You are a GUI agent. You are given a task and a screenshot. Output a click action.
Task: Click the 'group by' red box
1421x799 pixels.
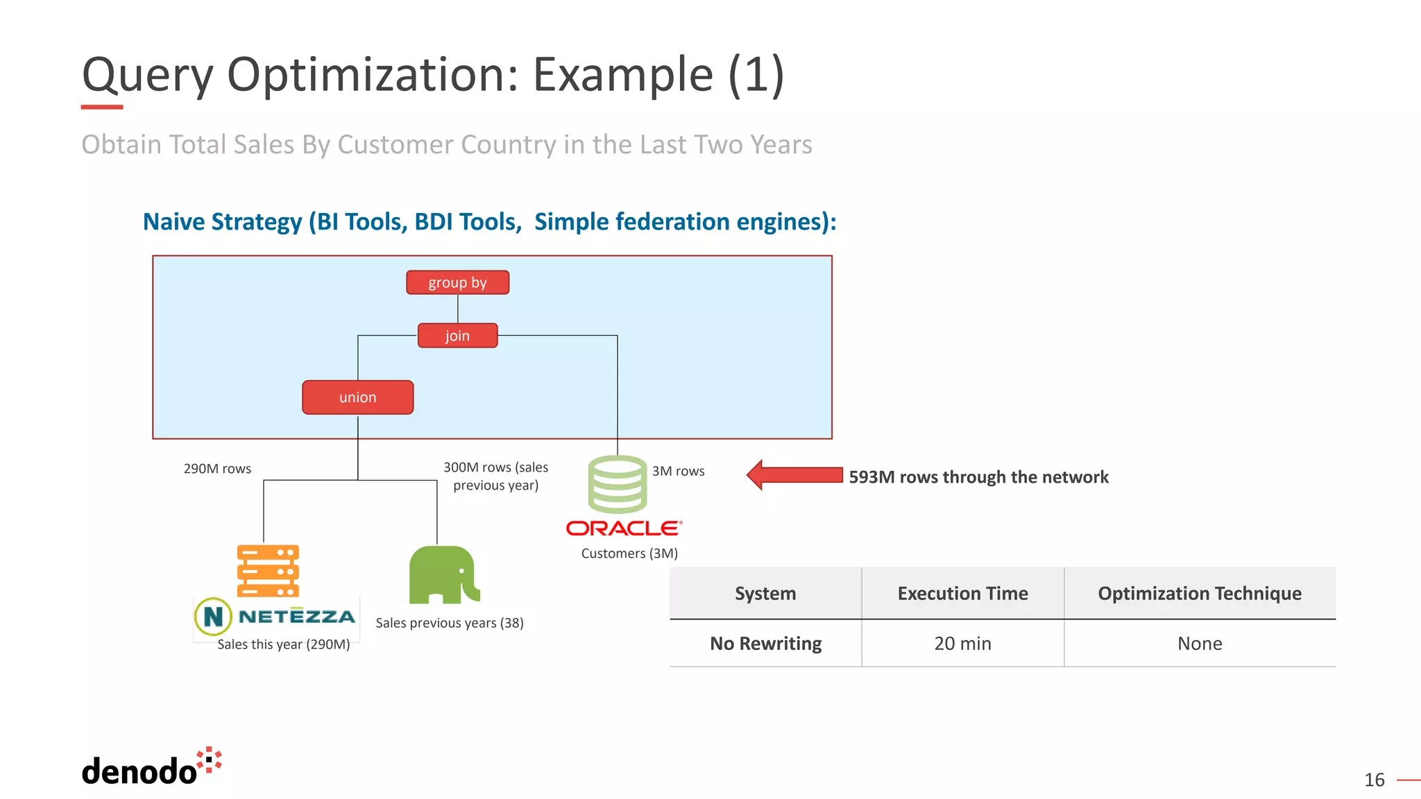coord(457,282)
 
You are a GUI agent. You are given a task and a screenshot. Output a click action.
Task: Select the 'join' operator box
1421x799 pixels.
coord(457,336)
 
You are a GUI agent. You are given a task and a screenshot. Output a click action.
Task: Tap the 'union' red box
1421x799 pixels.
coord(357,397)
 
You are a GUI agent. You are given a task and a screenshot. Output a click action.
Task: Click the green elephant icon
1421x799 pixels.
coord(443,574)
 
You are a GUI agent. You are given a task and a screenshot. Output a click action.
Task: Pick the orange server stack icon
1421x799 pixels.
coord(268,571)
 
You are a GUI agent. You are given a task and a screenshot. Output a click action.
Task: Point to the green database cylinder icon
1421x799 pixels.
coord(617,483)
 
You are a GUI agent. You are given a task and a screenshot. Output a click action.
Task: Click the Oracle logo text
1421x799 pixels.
coord(624,529)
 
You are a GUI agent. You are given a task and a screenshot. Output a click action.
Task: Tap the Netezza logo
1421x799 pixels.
coord(276,616)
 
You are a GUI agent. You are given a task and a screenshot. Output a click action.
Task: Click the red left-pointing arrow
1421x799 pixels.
coord(794,475)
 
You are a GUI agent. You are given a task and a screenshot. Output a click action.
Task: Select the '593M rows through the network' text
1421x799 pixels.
coord(978,477)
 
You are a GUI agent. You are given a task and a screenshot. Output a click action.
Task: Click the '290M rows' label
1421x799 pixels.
coord(217,469)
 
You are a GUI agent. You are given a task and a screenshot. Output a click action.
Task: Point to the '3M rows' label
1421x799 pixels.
coord(678,471)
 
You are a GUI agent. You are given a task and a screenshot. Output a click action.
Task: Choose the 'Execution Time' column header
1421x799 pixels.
coord(962,594)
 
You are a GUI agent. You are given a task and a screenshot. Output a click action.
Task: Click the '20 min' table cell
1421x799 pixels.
coord(962,644)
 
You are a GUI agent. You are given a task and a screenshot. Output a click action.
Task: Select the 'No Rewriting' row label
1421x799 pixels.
coord(765,644)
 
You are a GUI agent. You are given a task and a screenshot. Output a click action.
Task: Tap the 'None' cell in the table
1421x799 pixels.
coord(1199,644)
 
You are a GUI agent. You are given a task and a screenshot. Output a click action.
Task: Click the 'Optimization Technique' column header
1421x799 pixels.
coord(1199,594)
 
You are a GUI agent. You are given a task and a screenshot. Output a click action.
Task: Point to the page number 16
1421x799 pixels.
coord(1374,780)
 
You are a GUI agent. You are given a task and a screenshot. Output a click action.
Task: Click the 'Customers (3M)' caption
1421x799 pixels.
coord(629,553)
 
